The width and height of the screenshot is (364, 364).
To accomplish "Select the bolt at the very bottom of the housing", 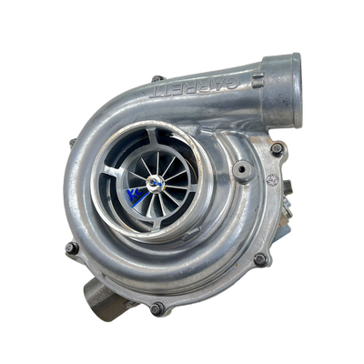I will click(157, 308).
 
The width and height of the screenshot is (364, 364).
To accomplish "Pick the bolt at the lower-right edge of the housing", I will click(259, 258).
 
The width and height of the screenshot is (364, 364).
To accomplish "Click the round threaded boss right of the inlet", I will click(242, 169).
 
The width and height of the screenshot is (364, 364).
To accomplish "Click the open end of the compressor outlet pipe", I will click(287, 83).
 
